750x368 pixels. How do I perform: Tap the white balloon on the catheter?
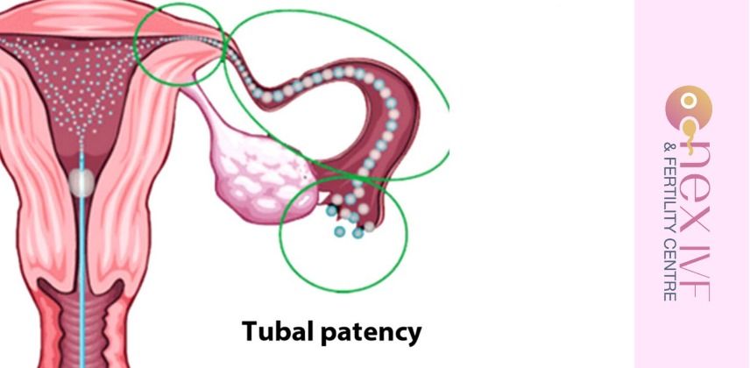click(81, 182)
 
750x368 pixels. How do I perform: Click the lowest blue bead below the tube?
click(340, 231)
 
